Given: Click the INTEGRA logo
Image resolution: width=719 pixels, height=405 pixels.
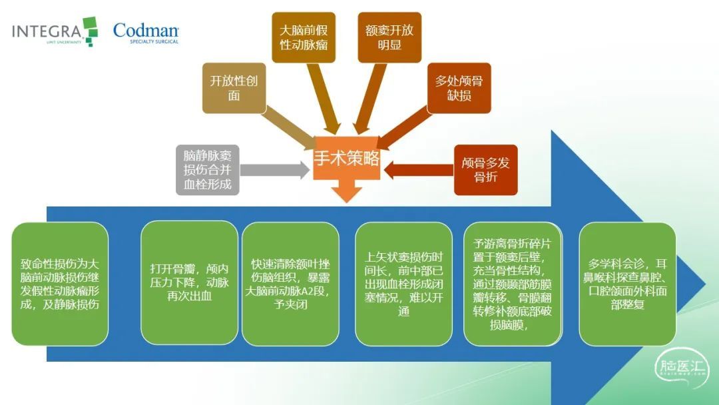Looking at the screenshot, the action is pos(55,31).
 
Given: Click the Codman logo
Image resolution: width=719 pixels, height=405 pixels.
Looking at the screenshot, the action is pos(146,33).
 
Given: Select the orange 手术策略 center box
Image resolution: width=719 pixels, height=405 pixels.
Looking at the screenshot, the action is pos(347,159).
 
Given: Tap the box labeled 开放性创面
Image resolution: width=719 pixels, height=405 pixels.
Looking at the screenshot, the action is pos(234,88).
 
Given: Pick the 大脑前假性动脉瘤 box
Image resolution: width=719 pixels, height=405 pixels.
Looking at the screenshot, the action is pos(304,37).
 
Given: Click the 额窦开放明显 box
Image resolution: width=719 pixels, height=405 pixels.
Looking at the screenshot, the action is pos(389,37).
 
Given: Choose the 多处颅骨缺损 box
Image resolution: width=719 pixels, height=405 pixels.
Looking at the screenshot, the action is pos(459,88).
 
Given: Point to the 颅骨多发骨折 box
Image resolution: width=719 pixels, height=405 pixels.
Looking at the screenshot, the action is pos(485,170).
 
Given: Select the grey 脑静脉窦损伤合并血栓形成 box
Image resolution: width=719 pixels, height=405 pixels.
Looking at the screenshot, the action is pos(208,170).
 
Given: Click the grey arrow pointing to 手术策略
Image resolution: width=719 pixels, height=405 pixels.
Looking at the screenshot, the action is pos(275,170).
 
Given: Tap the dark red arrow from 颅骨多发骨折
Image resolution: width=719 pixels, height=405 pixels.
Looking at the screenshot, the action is pos(419,170).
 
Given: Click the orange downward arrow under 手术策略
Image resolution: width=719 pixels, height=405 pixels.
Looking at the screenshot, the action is pos(347,191).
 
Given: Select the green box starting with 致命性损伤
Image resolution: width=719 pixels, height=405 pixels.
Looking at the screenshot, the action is pos(60,284).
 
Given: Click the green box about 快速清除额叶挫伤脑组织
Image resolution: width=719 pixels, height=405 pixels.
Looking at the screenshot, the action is pos(290,284).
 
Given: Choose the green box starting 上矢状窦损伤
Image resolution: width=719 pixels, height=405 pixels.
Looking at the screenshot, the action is pos(403,284).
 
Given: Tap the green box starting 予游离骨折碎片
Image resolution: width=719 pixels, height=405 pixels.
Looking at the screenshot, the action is pos(513,284).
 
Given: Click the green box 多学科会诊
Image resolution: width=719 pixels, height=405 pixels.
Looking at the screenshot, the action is pos(627,284).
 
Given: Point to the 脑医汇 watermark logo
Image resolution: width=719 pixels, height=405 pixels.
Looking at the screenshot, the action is pos(682,368).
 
